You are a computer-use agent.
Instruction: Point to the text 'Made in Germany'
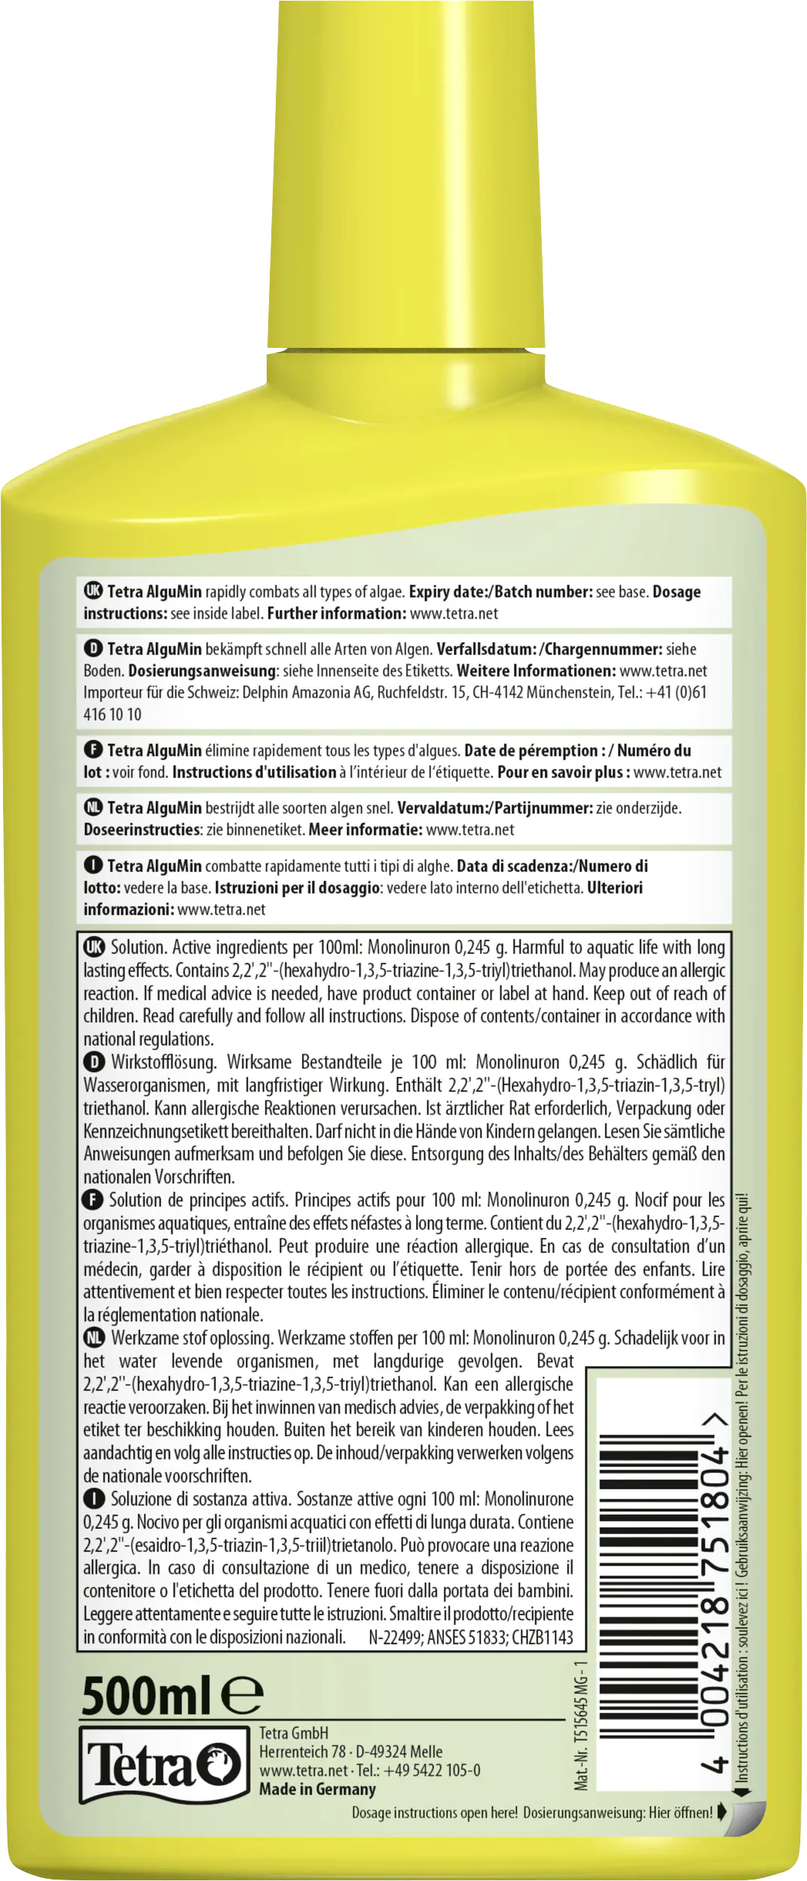[317, 1789]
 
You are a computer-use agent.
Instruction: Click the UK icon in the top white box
[93, 591]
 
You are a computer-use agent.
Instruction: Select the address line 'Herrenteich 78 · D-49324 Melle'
[350, 1751]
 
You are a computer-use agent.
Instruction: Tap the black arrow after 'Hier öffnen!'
[722, 1812]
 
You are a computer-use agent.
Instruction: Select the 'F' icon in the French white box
[93, 750]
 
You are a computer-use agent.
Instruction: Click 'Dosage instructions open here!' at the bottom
[435, 1812]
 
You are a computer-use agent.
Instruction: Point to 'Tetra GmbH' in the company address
[294, 1733]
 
